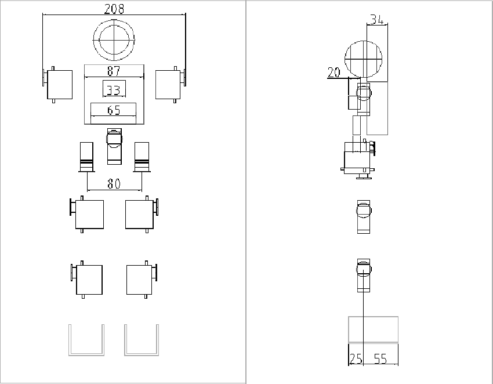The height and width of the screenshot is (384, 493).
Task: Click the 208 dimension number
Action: [114, 9]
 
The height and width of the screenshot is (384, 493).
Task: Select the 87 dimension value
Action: [114, 71]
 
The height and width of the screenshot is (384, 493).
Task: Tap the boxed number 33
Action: [114, 89]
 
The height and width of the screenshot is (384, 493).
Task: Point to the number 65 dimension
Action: [114, 110]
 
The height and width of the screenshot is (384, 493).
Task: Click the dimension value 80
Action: [114, 184]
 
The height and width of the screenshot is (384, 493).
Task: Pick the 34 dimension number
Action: [377, 19]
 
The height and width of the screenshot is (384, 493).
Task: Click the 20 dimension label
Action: [334, 73]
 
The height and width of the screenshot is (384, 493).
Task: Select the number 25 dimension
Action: [356, 359]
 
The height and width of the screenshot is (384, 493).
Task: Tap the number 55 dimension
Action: [380, 359]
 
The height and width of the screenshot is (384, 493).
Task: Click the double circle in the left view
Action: [114, 40]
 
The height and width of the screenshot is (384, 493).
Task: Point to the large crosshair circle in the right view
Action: [364, 59]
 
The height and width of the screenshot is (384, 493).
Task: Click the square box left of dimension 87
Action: [59, 85]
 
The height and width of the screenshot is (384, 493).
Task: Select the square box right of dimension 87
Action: [169, 85]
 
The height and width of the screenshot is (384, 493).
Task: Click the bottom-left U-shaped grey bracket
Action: [86, 340]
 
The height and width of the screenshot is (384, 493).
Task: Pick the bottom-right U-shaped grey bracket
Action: [142, 340]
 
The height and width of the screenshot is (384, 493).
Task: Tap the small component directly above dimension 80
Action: [114, 146]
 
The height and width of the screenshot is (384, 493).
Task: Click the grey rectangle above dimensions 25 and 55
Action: [373, 329]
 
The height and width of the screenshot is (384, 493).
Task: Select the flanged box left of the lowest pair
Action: [88, 280]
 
